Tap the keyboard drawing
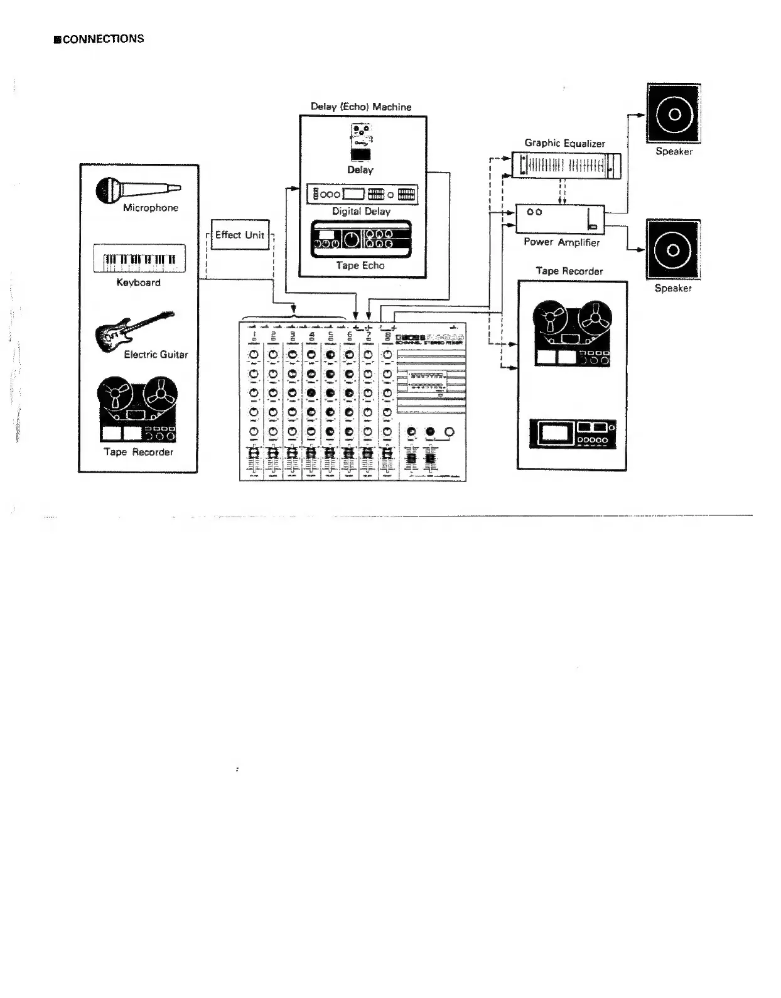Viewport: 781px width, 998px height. (x=139, y=259)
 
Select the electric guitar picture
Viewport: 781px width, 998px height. (x=132, y=331)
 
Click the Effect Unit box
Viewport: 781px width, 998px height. (x=240, y=235)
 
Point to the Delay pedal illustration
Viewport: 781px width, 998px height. (x=360, y=142)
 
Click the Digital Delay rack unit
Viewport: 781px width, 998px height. (x=362, y=195)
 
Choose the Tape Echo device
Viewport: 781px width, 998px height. (x=362, y=239)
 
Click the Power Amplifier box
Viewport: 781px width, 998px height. (x=560, y=219)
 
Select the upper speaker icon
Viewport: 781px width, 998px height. (x=674, y=114)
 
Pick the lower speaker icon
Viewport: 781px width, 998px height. (x=673, y=249)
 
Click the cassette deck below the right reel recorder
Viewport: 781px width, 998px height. (x=573, y=433)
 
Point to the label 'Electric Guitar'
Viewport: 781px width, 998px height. (x=156, y=355)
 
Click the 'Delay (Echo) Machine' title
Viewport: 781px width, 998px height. (x=361, y=107)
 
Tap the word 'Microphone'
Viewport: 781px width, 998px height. (x=151, y=208)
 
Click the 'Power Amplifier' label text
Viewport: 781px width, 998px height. (x=562, y=242)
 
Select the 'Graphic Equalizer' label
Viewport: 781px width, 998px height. (x=565, y=143)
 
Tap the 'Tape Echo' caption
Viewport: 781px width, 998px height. (x=360, y=266)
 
